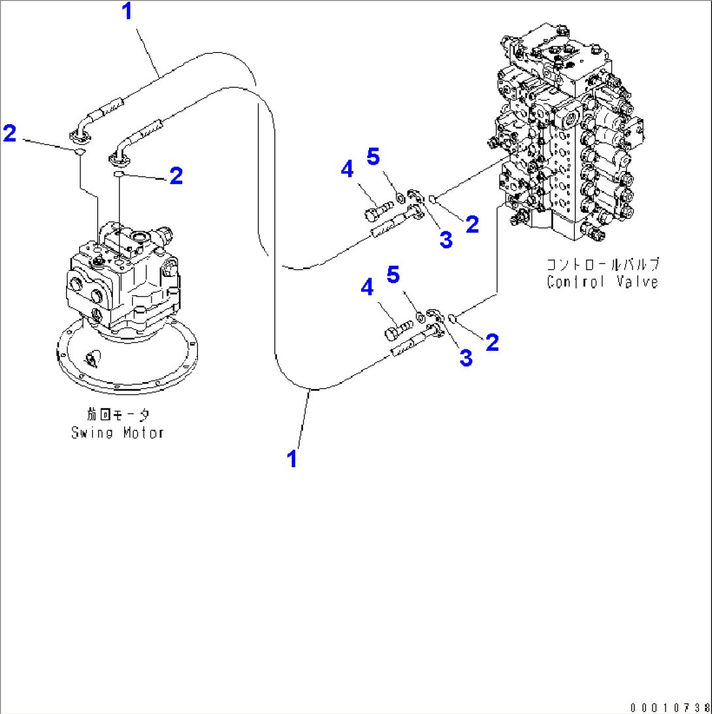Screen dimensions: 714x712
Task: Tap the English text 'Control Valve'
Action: coord(602,282)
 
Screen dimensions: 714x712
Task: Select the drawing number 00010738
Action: coord(670,707)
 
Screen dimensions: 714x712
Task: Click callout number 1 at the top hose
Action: coord(127,11)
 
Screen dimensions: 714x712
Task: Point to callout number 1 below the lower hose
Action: coord(293,459)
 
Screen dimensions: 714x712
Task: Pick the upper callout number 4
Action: coord(348,170)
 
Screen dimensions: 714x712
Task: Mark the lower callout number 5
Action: coord(393,274)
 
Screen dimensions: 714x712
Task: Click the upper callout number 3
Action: coord(445,240)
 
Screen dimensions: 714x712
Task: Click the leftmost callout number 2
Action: coord(9,134)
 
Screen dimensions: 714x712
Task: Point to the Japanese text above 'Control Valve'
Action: coord(602,265)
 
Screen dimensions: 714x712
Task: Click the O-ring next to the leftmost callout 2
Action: coord(78,152)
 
